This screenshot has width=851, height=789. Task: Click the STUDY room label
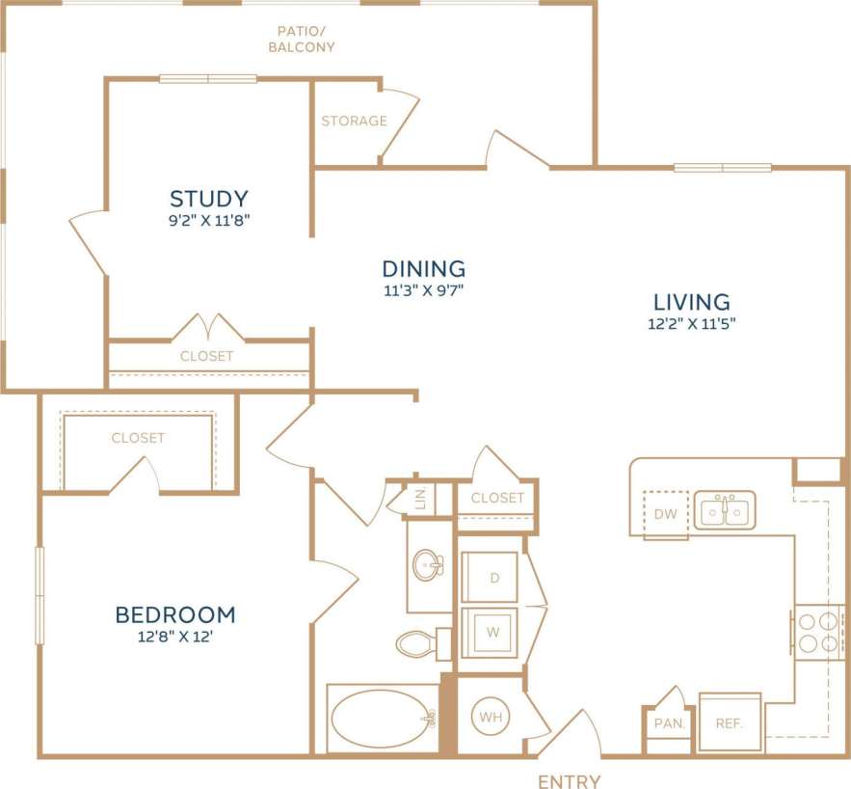tap(209, 199)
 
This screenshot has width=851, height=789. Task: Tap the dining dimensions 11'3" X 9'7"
tap(423, 289)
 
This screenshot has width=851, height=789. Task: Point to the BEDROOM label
tap(175, 614)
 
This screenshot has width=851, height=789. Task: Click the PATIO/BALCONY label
tap(302, 39)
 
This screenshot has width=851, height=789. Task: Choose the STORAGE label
tap(354, 121)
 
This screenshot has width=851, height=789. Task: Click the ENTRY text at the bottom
tap(570, 780)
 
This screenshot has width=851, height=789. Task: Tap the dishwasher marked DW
tap(665, 514)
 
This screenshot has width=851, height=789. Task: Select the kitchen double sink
tap(725, 510)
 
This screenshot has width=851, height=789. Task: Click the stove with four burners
tap(817, 633)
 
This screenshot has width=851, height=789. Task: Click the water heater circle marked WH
tap(490, 718)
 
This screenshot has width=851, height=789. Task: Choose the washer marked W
tap(492, 633)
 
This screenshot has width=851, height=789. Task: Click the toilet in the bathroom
tap(420, 642)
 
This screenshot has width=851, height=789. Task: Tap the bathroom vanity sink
tap(428, 566)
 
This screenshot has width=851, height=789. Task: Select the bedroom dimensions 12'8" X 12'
tap(175, 638)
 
